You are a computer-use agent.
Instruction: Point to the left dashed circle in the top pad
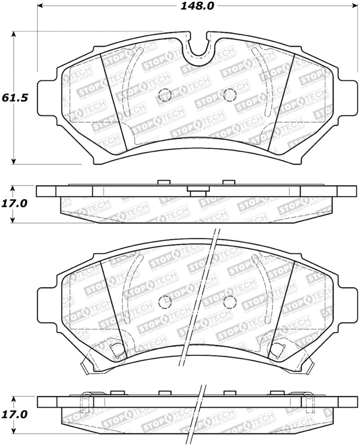coord(166,95)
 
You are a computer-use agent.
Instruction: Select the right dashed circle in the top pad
coord(229,94)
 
